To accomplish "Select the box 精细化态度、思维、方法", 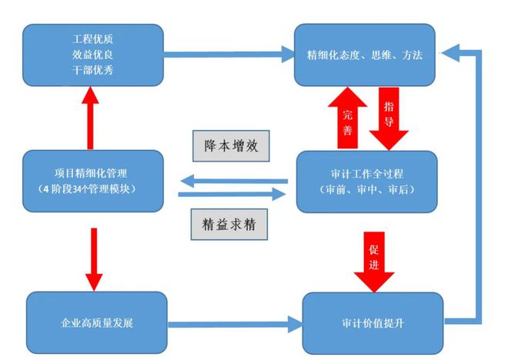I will (364, 55).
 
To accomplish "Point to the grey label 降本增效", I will (230, 144).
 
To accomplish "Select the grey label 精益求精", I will (230, 224).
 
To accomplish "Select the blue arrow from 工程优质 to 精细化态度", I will (227, 55).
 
